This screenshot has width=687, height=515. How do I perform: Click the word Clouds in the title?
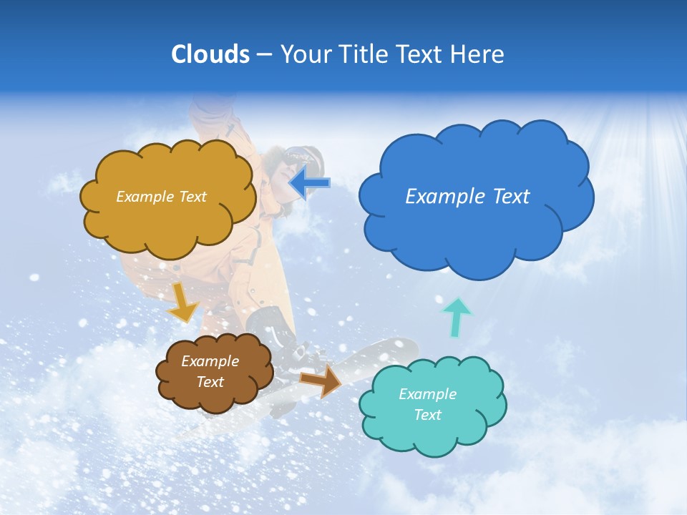click(210, 54)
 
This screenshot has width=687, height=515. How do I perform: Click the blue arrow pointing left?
click(309, 183)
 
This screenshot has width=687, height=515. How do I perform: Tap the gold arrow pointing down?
click(183, 302)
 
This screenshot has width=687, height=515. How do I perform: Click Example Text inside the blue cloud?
click(467, 196)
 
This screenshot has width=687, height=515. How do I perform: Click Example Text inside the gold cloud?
click(161, 197)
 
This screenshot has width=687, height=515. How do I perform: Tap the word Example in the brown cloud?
click(210, 361)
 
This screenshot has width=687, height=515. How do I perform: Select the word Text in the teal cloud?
click(427, 415)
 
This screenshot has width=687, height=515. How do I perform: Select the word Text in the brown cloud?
click(210, 382)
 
